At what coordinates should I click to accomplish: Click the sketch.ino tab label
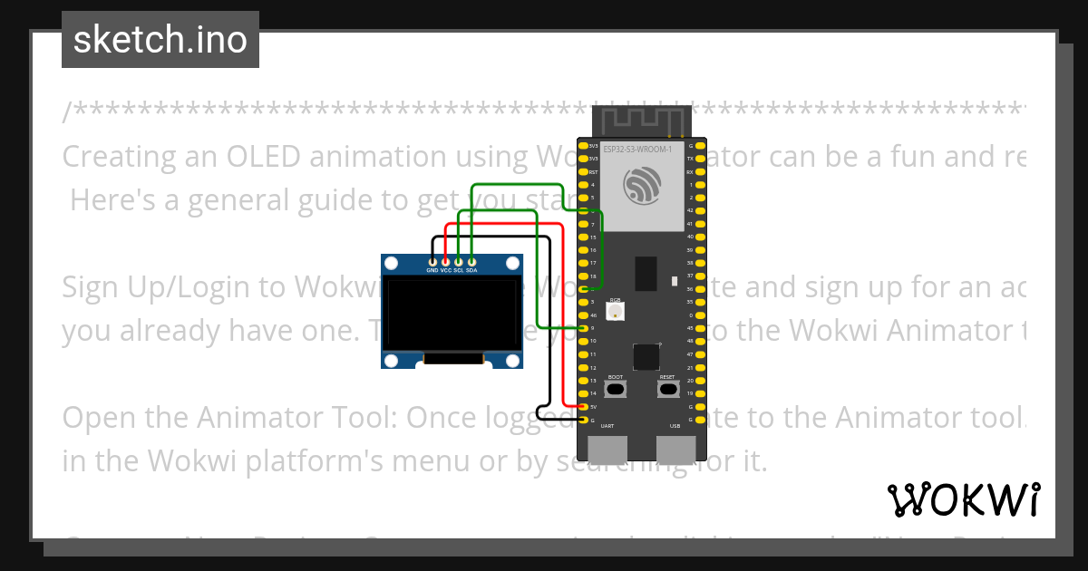pyautogui.click(x=160, y=40)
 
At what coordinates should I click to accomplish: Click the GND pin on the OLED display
pyautogui.click(x=432, y=261)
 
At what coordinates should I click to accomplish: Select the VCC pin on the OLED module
pyautogui.click(x=445, y=261)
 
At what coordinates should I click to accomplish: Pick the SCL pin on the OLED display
pyautogui.click(x=459, y=261)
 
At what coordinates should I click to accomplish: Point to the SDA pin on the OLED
pyautogui.click(x=471, y=261)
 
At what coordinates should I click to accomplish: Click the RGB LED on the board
pyautogui.click(x=616, y=312)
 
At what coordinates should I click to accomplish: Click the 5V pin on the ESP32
pyautogui.click(x=583, y=407)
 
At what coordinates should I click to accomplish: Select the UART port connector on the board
pyautogui.click(x=607, y=450)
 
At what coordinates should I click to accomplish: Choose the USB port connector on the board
pyautogui.click(x=675, y=450)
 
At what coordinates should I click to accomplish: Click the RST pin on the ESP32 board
pyautogui.click(x=583, y=171)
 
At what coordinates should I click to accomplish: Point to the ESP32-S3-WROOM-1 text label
pyautogui.click(x=637, y=148)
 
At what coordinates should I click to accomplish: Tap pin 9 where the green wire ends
pyautogui.click(x=583, y=327)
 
